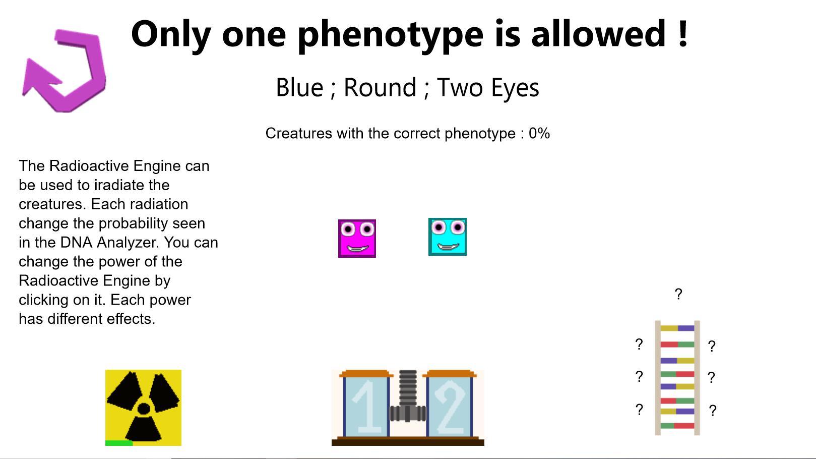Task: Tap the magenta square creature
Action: pos(357,239)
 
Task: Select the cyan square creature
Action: pos(448,237)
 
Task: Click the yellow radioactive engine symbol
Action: pos(143,408)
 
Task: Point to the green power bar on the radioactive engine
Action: pos(119,443)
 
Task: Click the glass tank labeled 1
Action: pos(366,404)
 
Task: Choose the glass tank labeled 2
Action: pos(450,404)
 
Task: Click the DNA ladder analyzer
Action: pos(677,378)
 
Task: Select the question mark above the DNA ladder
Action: pos(678,294)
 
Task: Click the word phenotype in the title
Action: pos(390,35)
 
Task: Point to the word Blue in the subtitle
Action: pos(299,87)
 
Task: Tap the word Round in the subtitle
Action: pos(380,87)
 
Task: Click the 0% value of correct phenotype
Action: pos(539,133)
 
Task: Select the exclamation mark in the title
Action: pos(683,33)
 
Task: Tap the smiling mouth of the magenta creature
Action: pos(357,249)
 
